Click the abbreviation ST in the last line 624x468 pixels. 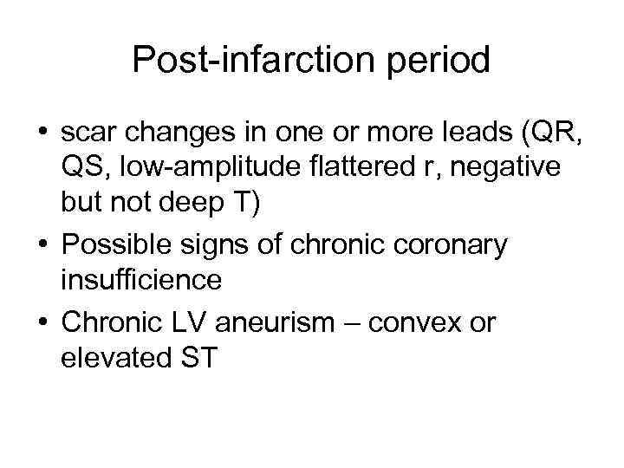coord(198,357)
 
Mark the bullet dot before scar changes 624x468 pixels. coord(41,135)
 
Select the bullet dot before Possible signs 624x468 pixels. coord(41,246)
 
